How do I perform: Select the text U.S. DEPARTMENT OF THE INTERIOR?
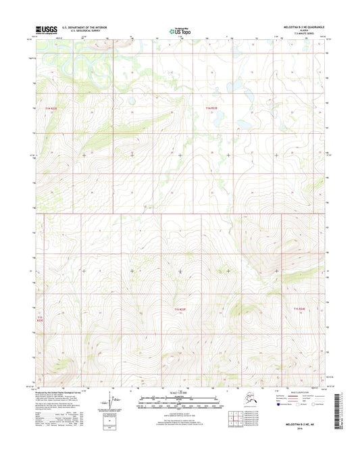click(86, 28)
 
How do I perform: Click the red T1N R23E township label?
click(213, 108)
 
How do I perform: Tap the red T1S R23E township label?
click(180, 310)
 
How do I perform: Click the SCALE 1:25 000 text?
click(180, 393)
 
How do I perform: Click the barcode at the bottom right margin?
click(340, 408)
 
